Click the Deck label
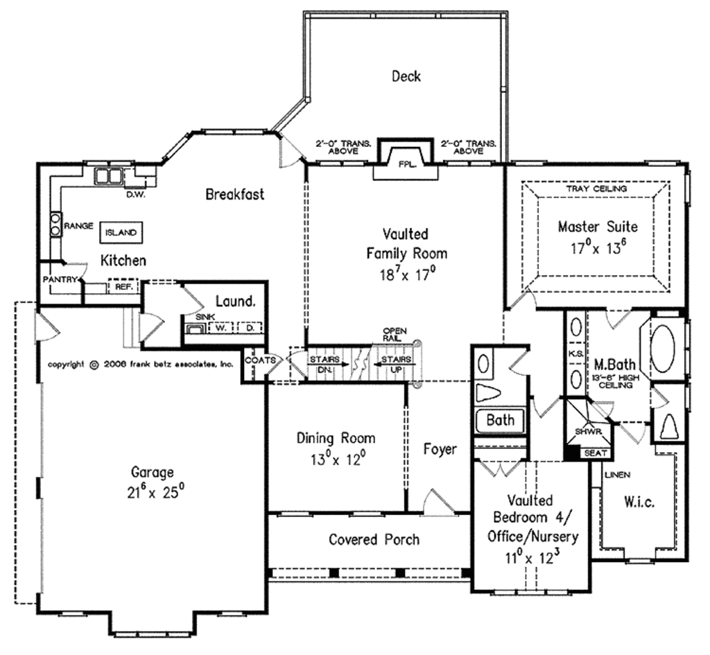406,76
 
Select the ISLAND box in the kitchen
121,233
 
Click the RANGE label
78,225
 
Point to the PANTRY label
60,279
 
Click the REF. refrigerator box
123,286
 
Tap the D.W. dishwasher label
135,195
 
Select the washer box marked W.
220,328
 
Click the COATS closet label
261,360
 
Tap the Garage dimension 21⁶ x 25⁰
155,492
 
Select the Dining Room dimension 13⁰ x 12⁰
338,460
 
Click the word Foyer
440,449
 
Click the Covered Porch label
374,539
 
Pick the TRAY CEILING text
596,189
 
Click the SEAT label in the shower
596,453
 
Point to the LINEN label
617,475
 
